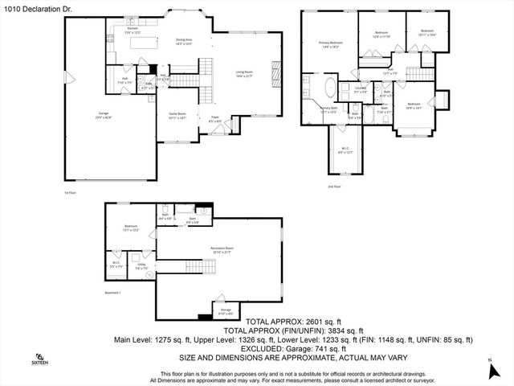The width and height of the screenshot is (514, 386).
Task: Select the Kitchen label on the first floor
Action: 133,29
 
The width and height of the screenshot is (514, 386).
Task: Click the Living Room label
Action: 245,73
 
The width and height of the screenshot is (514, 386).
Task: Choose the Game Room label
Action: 177,115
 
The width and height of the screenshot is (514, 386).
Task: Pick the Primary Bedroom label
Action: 330,43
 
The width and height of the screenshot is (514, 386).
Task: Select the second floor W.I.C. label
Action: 345,150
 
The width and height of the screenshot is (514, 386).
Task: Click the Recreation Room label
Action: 222,249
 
